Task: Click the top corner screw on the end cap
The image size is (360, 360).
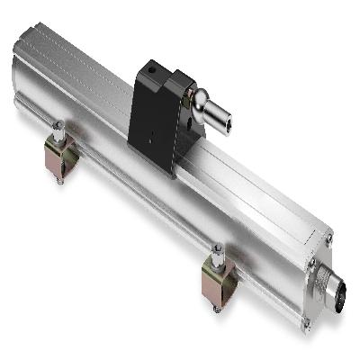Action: click(x=329, y=238)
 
